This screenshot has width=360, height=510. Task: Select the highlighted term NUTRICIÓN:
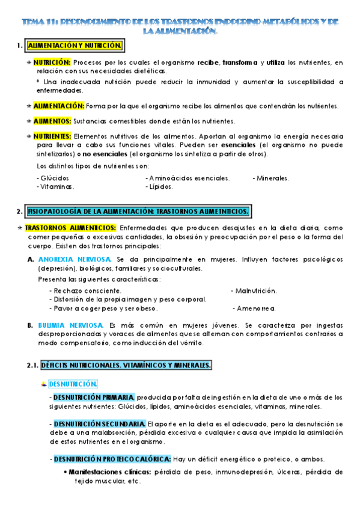[x=52, y=62]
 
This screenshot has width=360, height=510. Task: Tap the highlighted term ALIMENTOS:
[x=52, y=121]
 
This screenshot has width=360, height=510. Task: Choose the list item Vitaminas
[x=55, y=186]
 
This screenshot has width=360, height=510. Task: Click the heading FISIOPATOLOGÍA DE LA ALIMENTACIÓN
[x=139, y=211]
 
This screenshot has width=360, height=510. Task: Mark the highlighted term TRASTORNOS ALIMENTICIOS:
[x=71, y=228]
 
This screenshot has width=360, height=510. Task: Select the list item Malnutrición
[x=254, y=291]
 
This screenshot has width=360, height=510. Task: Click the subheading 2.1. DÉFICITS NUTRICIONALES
[x=119, y=365]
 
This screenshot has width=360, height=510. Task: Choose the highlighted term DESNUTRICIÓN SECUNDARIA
[x=99, y=423]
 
